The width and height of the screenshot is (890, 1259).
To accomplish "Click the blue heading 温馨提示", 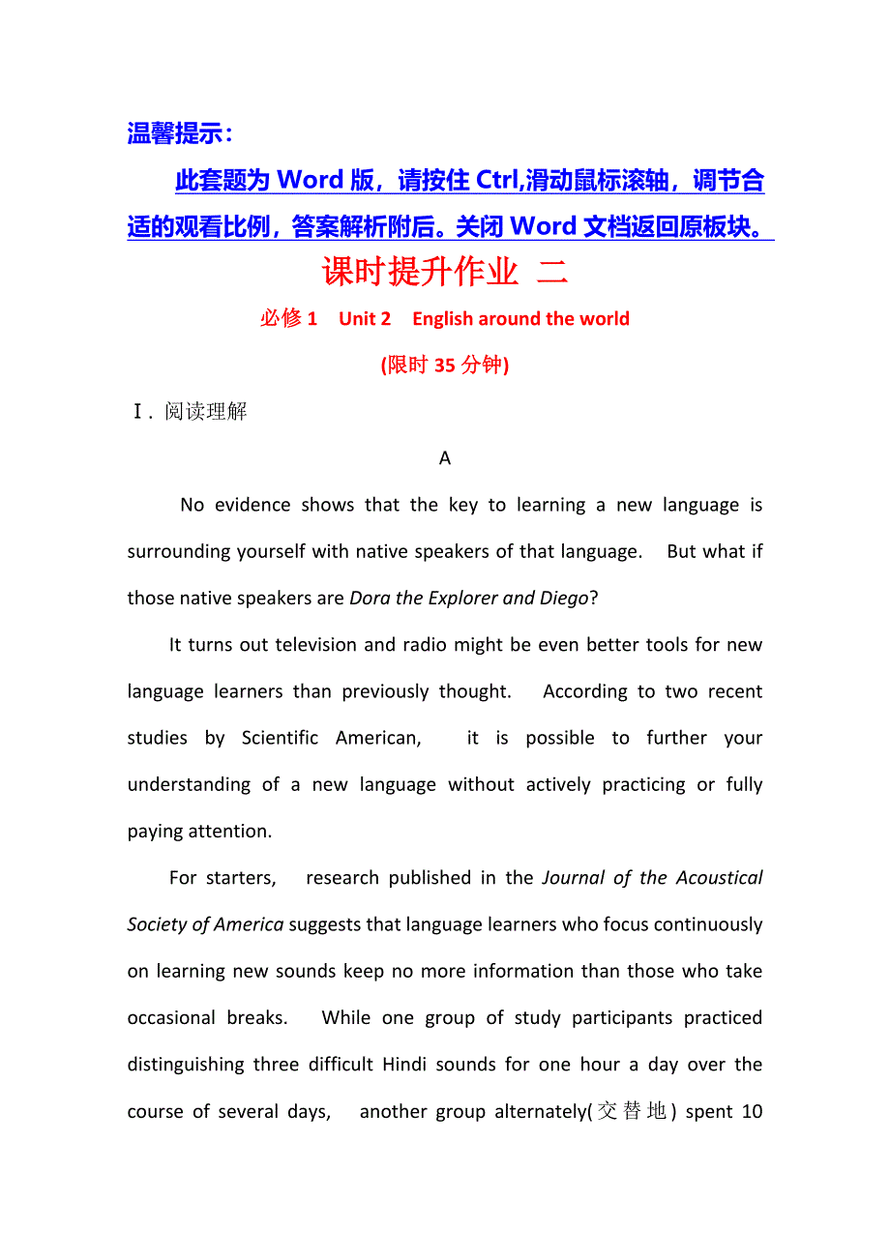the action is (x=180, y=133).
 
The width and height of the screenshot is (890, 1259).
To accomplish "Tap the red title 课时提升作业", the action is (x=421, y=272).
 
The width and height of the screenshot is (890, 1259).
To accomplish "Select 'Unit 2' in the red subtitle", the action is (x=365, y=319).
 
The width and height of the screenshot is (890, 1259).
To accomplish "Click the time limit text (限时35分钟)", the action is (x=445, y=365).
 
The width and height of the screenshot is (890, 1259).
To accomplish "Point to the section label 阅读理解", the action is (x=206, y=412).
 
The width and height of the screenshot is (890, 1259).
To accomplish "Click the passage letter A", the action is (x=445, y=458).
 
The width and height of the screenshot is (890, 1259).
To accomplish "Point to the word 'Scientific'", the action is (x=280, y=738).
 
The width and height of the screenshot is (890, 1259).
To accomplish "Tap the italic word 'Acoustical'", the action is (x=718, y=878).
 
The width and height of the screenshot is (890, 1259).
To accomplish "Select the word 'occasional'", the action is (x=171, y=1018).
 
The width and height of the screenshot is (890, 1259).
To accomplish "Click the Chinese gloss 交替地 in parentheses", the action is (x=632, y=1112).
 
